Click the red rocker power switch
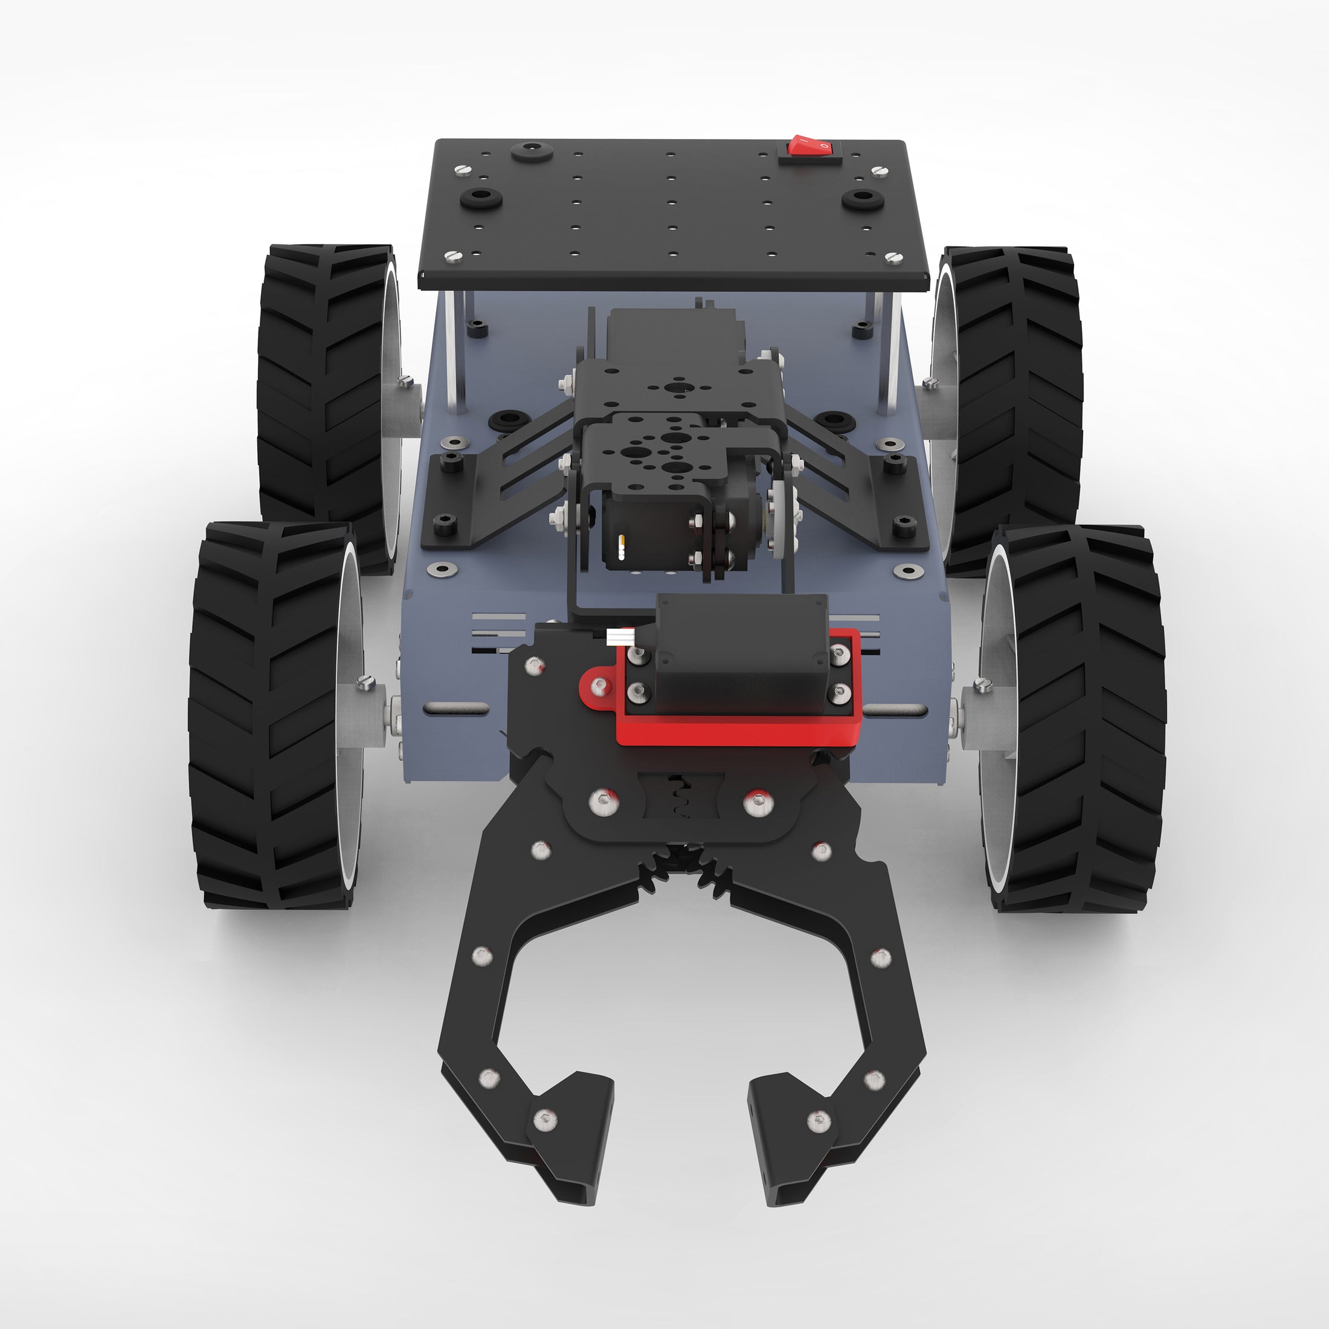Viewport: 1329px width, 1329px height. click(809, 145)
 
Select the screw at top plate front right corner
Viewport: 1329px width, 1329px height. click(893, 257)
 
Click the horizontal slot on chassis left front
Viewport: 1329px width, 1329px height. click(457, 708)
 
